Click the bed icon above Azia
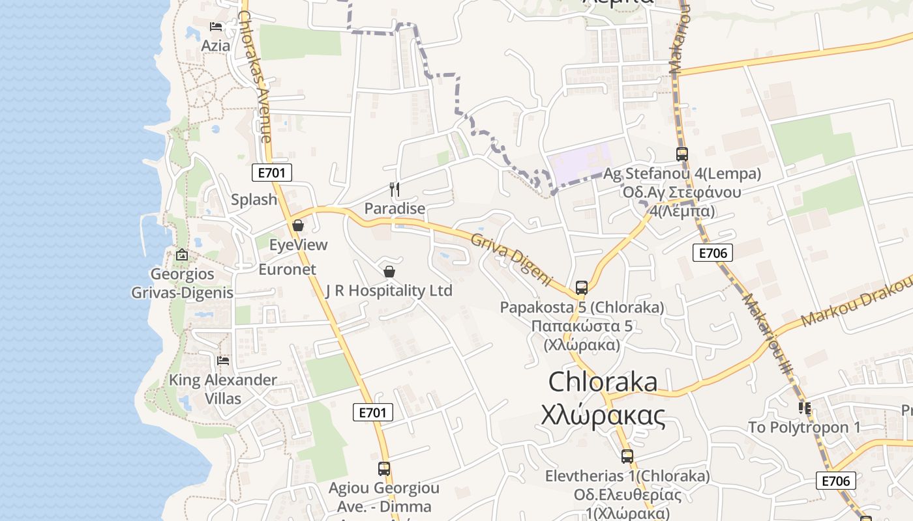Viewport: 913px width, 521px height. click(216, 27)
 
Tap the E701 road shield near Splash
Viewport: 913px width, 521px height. click(271, 173)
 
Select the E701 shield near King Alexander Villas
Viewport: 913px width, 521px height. click(373, 412)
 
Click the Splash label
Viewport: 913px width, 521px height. click(254, 199)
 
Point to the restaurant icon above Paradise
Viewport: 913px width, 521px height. click(394, 190)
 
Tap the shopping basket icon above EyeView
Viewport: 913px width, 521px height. click(298, 225)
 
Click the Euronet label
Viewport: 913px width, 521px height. click(287, 269)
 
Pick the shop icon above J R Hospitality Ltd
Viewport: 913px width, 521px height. click(389, 271)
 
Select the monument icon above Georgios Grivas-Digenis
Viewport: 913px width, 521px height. click(182, 255)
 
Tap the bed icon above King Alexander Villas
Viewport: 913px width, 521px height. click(223, 360)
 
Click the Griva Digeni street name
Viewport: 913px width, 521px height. click(511, 259)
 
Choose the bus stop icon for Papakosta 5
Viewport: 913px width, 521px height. click(581, 287)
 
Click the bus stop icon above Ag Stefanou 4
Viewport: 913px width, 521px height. click(681, 154)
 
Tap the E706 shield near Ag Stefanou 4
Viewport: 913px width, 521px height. click(712, 253)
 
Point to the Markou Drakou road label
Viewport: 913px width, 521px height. click(856, 301)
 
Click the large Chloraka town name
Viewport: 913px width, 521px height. click(603, 382)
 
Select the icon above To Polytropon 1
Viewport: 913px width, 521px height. click(804, 408)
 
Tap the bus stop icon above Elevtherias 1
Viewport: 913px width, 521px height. click(627, 457)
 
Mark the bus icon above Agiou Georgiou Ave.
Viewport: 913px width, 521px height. click(384, 468)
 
